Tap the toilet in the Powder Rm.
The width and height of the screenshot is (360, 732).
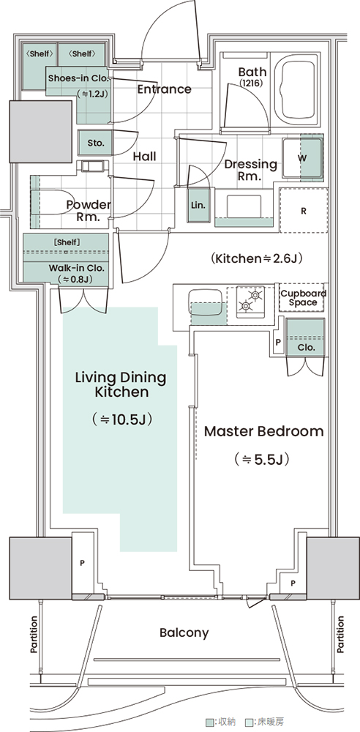50,202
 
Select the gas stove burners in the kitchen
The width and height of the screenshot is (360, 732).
250,301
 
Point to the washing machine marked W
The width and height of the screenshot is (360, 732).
303,158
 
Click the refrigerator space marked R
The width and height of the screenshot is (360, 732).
304,211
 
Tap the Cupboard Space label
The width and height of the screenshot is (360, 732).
303,298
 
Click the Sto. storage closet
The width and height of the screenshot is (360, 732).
96,143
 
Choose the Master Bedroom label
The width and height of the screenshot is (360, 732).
264,431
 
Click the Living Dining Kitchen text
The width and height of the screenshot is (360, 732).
121,384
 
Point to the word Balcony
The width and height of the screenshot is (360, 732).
184,633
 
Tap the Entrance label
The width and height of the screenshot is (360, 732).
165,89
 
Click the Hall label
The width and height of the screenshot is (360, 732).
144,156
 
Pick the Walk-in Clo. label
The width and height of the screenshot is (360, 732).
77,269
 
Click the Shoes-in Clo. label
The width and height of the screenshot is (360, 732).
78,78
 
